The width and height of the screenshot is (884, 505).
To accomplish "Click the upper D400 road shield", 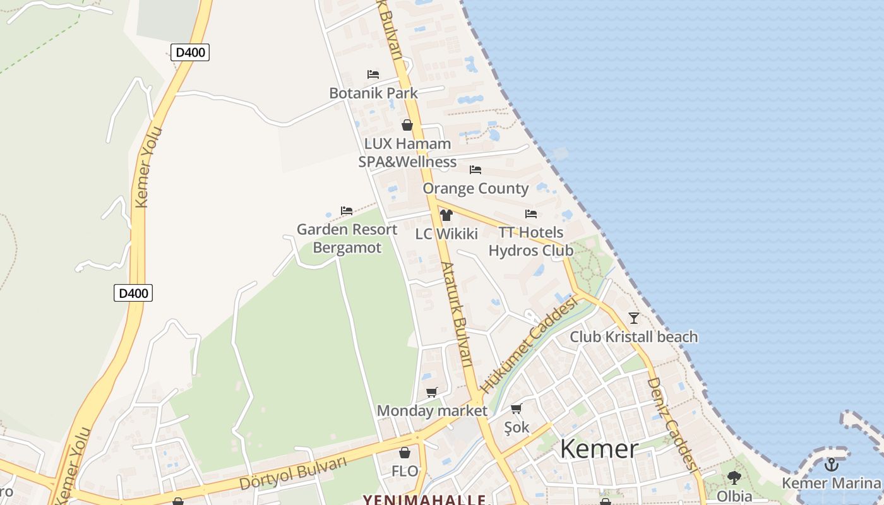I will [189, 52].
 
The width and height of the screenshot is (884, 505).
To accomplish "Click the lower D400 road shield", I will [133, 293].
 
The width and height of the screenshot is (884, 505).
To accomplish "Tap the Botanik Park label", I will [373, 93].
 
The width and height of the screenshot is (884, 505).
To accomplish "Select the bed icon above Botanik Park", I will [373, 74].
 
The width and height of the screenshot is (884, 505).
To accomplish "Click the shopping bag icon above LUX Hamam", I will [407, 125].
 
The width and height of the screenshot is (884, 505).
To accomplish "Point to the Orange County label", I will [475, 188].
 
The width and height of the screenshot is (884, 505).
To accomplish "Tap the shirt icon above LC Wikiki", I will [446, 215].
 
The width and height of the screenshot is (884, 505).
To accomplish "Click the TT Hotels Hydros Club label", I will [531, 241].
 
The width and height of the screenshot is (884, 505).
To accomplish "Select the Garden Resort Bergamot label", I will [347, 239].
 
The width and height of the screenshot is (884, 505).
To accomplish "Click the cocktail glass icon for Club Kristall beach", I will [634, 318].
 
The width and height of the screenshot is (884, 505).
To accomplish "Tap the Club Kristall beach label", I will [634, 336].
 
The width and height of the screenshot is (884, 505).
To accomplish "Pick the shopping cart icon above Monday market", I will [432, 393].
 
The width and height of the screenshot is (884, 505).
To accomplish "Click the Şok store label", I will [517, 427].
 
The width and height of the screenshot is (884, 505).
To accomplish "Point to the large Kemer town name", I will [599, 449].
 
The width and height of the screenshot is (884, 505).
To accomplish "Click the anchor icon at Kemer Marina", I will [832, 465].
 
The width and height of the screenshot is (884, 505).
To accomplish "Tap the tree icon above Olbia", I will [734, 477].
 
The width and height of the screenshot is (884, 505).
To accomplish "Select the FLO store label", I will [405, 471].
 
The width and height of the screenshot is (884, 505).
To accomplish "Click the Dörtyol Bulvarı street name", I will [293, 473].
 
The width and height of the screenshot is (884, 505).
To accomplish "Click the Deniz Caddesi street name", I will [672, 424].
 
